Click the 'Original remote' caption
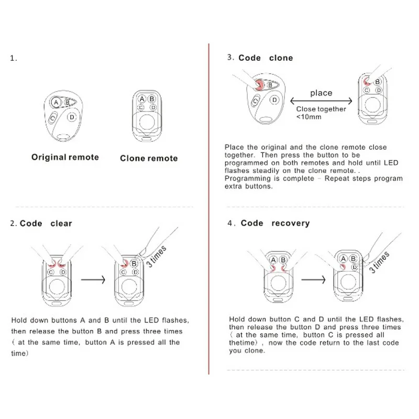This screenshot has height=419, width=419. click(65, 157)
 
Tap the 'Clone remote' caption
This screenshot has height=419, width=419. click(149, 158)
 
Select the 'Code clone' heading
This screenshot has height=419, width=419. click(266, 58)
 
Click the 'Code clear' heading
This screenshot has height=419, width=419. click(46, 223)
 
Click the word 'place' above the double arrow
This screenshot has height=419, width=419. click(321, 93)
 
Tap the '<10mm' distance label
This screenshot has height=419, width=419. click(309, 117)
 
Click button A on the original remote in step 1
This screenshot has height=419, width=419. click(56, 103)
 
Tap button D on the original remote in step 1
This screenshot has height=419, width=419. click(72, 116)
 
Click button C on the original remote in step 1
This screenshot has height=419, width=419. click(53, 118)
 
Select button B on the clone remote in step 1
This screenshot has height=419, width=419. click(152, 98)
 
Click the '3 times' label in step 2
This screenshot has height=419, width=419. click(157, 256)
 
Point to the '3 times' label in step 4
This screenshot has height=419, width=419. click(379, 262)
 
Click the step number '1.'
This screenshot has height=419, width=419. click(14, 58)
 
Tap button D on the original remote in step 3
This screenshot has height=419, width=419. click(273, 100)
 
